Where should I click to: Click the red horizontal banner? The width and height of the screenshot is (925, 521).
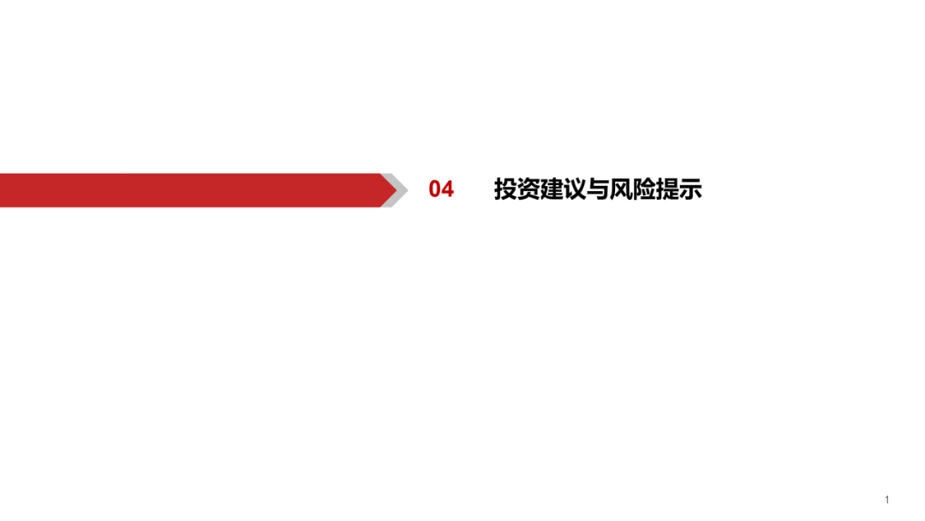[x=198, y=190]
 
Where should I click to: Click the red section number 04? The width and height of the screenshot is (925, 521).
[x=441, y=189]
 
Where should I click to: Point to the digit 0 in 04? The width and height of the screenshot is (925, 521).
[x=435, y=189]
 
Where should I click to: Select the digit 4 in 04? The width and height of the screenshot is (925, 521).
[x=448, y=189]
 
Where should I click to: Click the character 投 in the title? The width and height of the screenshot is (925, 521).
[x=505, y=189]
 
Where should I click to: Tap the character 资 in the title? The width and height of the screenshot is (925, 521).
[x=528, y=189]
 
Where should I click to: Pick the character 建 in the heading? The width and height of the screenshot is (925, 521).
[x=552, y=189]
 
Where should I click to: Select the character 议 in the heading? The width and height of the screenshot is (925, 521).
[x=575, y=189]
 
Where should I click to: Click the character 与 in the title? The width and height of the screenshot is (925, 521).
[x=598, y=189]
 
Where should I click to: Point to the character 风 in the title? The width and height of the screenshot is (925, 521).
[x=621, y=189]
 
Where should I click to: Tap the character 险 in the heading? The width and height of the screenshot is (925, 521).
[x=643, y=189]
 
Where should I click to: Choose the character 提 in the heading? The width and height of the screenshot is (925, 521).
[x=667, y=189]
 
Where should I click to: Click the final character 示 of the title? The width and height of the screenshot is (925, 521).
[x=690, y=189]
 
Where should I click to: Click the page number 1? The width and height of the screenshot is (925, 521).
[x=886, y=500]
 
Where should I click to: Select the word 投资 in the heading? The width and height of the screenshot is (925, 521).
[x=517, y=189]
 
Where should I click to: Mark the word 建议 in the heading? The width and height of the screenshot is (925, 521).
[x=564, y=189]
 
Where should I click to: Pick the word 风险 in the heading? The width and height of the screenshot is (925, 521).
[x=632, y=189]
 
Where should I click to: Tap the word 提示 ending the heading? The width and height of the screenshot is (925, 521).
[x=678, y=189]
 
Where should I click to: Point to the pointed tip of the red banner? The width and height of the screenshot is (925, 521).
[x=397, y=190]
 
